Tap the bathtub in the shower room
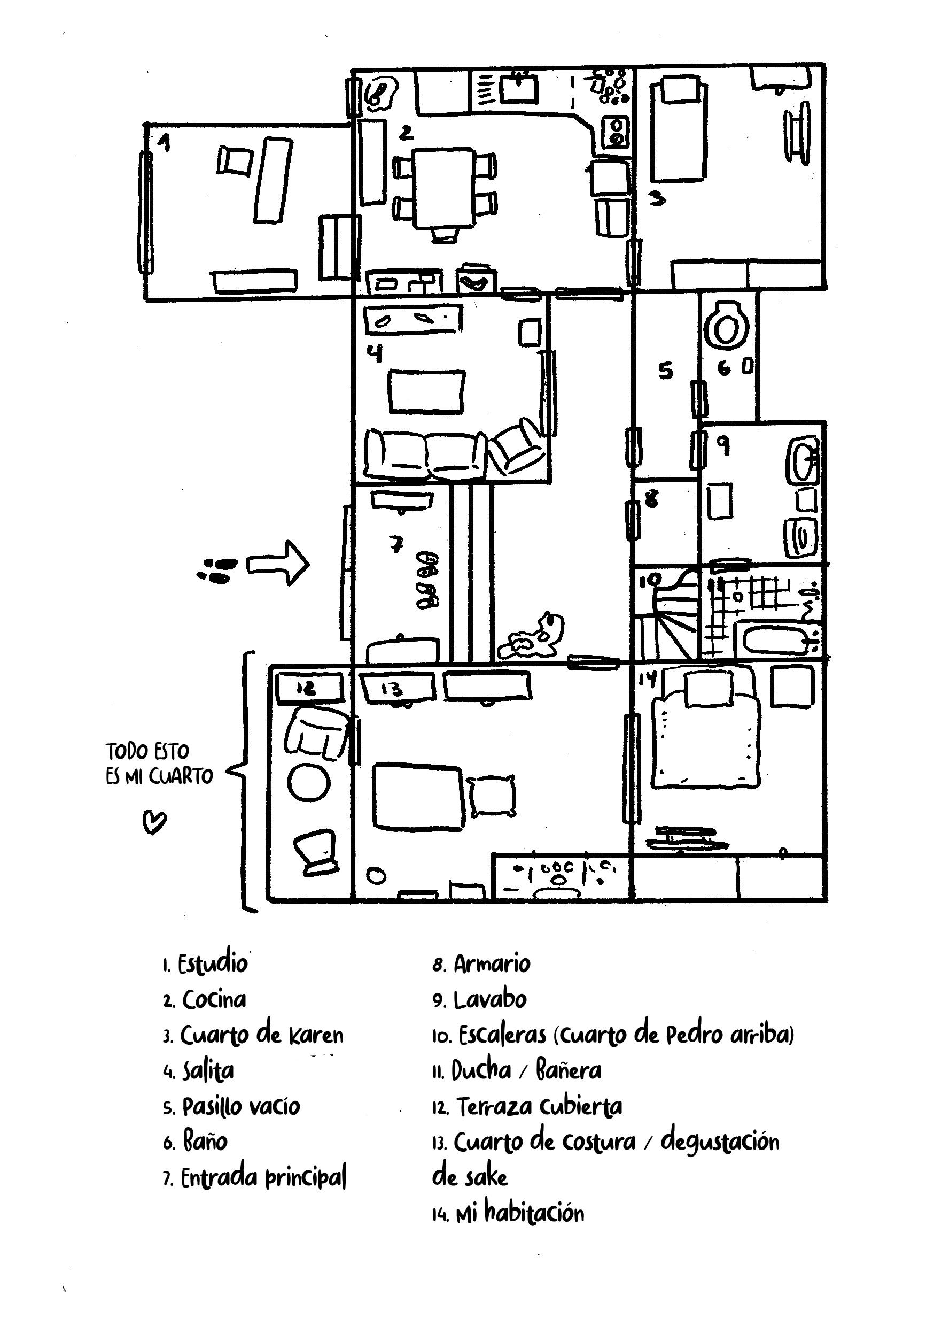[x=777, y=641]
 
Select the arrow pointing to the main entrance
[x=278, y=564]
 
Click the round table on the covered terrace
[x=308, y=783]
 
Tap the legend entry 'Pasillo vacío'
[x=241, y=1106]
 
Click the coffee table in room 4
[x=427, y=392]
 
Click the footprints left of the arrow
[x=217, y=569]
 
